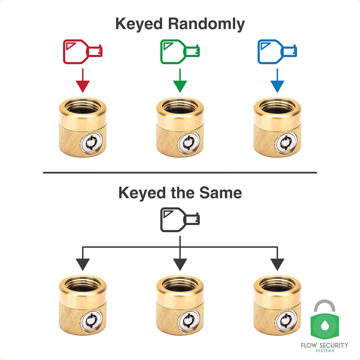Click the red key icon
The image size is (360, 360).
pyautogui.click(x=82, y=52)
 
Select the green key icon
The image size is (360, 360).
pyautogui.click(x=180, y=52)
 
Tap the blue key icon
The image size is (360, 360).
pyautogui.click(x=277, y=52)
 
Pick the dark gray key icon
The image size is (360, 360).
pyautogui.click(x=180, y=220)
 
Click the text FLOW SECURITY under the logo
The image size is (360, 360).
pyautogui.click(x=324, y=345)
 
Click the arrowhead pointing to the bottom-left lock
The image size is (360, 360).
pyautogui.click(x=83, y=264)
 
